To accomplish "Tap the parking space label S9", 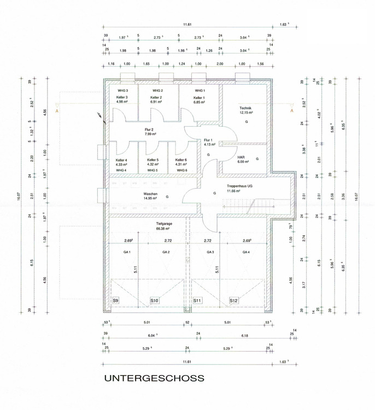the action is [x=116, y=301].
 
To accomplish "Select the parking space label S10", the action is [x=155, y=301].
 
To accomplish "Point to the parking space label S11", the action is [x=197, y=301].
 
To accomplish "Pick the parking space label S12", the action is [x=233, y=301].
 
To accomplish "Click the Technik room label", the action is [x=245, y=108].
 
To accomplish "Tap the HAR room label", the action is [x=241, y=157].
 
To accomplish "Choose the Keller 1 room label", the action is [x=199, y=97].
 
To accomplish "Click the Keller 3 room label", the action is [x=122, y=97].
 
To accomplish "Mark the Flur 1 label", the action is [x=209, y=140].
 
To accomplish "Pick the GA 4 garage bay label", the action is [x=247, y=251].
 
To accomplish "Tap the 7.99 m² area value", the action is [x=150, y=134].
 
